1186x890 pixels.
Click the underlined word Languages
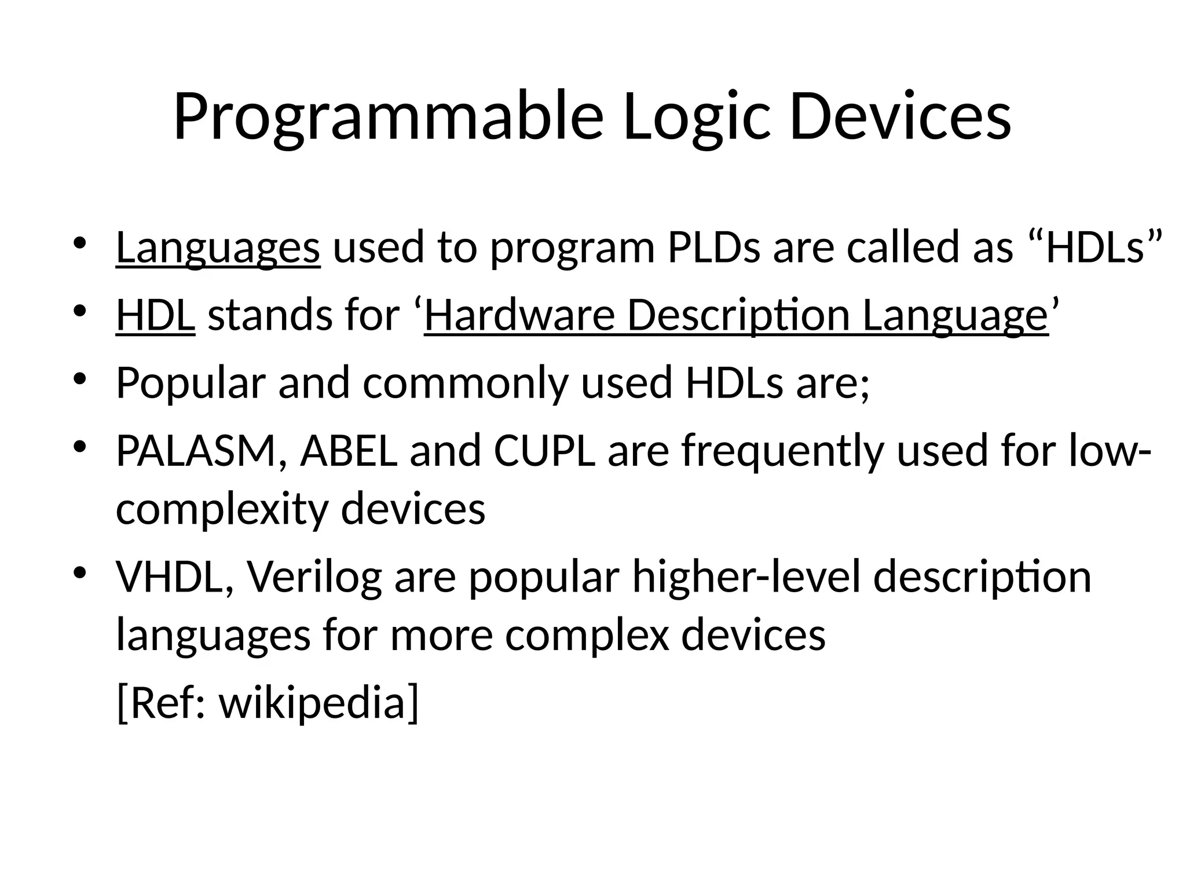[218, 248]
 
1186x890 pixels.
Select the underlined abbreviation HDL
[155, 316]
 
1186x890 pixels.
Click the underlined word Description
[738, 316]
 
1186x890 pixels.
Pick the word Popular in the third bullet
[191, 384]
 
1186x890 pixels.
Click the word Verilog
[314, 577]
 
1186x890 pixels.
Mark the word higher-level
[746, 577]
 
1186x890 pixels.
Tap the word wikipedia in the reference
[319, 703]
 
